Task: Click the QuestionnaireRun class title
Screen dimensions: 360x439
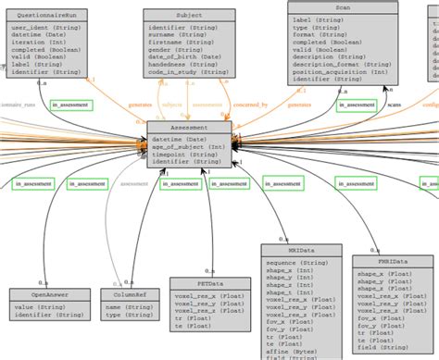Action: click(44, 16)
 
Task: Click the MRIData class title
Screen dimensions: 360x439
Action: click(287, 250)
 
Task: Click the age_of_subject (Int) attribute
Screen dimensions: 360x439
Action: click(190, 146)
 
